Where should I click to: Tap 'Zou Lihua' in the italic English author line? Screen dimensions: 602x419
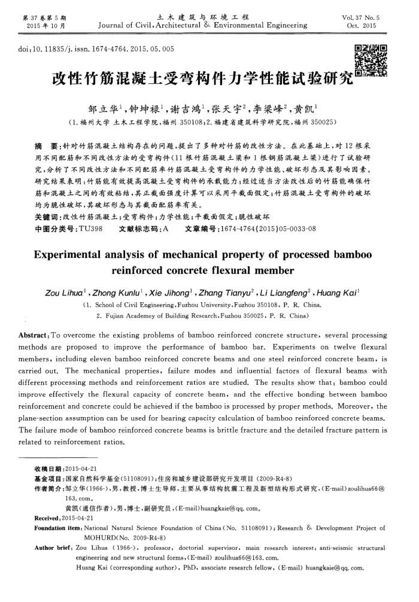tap(66, 292)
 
